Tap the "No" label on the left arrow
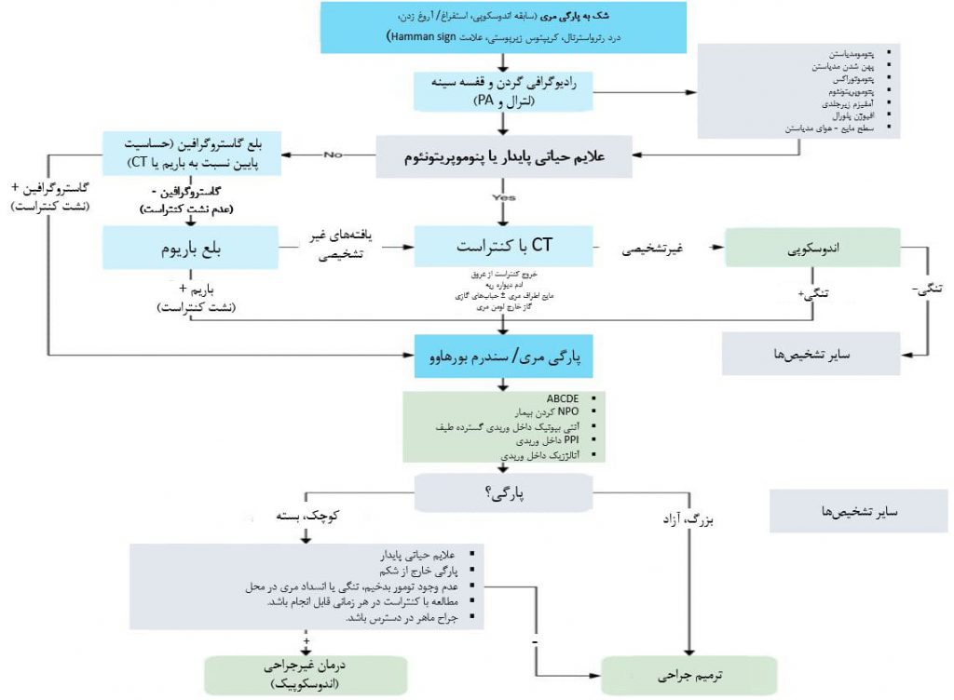334,154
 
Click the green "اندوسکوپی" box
811,249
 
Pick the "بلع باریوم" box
192,250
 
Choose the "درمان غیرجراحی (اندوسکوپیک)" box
307,675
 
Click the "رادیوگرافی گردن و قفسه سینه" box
503,91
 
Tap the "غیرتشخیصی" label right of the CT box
653,249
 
